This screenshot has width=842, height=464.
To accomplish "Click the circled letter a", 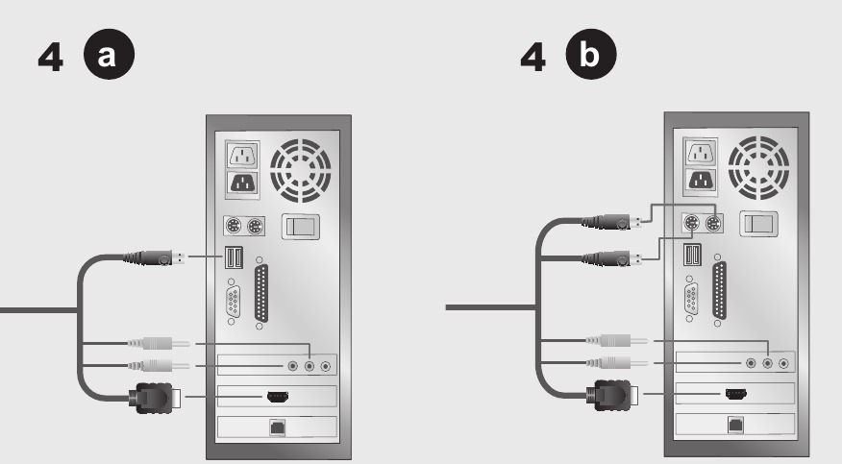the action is tap(109, 54).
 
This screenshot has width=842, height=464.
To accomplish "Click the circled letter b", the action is tap(591, 54).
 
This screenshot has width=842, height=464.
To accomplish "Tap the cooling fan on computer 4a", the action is tap(300, 171).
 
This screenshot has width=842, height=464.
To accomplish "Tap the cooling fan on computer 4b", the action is tap(758, 167).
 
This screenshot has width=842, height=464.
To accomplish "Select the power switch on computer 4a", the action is tap(301, 227).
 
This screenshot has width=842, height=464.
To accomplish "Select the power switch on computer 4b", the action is tap(758, 224).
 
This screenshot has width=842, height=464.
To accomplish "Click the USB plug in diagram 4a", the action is tap(155, 258).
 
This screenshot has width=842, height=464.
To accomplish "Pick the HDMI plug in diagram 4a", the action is tap(155, 398).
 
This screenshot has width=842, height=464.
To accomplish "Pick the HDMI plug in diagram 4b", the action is tap(614, 395).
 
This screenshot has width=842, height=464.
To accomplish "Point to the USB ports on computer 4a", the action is tap(234, 257).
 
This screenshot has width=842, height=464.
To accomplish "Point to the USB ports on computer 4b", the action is tap(692, 255).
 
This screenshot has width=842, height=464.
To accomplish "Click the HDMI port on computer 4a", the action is tap(278, 397).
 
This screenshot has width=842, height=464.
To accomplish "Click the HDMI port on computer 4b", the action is tap(735, 394).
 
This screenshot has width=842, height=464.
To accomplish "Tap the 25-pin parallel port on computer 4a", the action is tap(261, 293).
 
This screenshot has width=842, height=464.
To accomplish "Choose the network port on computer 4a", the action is tap(277, 427).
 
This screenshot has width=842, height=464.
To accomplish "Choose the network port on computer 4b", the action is tap(735, 425).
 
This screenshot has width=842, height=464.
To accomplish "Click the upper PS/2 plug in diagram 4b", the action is tap(611, 222).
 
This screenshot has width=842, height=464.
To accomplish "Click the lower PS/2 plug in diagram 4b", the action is tap(611, 259).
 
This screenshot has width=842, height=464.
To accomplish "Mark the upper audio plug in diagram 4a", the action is tap(159, 343).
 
